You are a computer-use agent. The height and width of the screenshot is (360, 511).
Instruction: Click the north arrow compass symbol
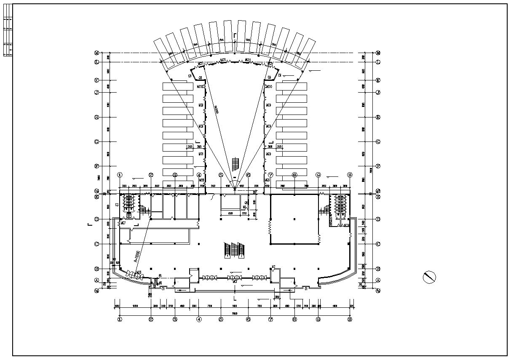click(x=429, y=277)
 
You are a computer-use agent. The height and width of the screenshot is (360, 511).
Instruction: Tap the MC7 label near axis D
click(x=123, y=223)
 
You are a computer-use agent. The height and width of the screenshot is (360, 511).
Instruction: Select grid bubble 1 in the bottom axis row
click(x=120, y=319)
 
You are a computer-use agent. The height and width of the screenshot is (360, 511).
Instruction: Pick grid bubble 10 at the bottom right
click(x=349, y=319)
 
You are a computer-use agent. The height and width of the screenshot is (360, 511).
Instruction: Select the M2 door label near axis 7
click(x=273, y=267)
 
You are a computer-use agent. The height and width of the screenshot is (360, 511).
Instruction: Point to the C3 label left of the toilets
click(x=117, y=205)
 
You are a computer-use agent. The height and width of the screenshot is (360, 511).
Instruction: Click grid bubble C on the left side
click(x=96, y=244)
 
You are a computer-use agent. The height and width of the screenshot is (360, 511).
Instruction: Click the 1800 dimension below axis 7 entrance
click(x=277, y=297)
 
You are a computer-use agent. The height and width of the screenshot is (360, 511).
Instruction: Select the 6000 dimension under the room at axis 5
click(x=230, y=213)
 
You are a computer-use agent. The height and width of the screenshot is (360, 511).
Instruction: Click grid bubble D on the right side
click(x=378, y=219)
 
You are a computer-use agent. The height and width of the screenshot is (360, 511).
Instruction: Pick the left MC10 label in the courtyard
click(x=201, y=86)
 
